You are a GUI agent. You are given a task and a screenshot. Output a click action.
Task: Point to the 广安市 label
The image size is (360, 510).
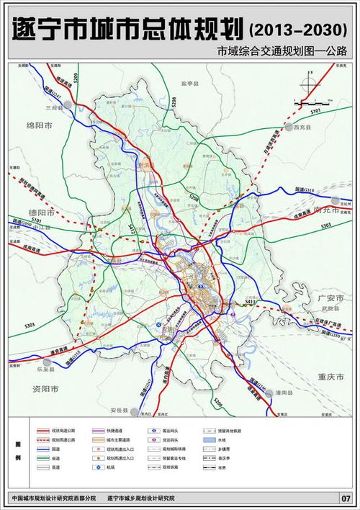click(x=333, y=297)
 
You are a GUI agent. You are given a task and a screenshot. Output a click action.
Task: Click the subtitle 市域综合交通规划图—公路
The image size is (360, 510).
click(x=286, y=52)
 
